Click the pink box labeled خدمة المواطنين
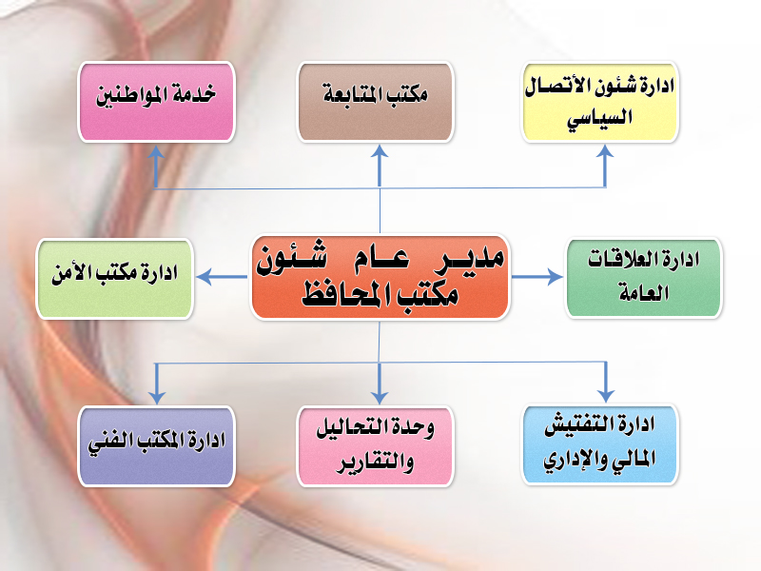[156, 102]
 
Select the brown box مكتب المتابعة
[375, 102]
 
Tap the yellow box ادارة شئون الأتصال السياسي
[599, 102]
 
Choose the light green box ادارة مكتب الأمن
[114, 279]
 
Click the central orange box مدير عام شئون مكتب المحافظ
[380, 277]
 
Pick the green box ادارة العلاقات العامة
[644, 278]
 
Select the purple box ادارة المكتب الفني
[156, 445]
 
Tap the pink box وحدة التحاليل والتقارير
[375, 445]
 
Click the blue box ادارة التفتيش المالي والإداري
[599, 444]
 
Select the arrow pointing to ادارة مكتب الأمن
[222, 277]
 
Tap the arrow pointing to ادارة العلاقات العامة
[537, 277]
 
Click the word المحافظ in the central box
[339, 295]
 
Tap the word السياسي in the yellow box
[600, 118]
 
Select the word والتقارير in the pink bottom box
[375, 463]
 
